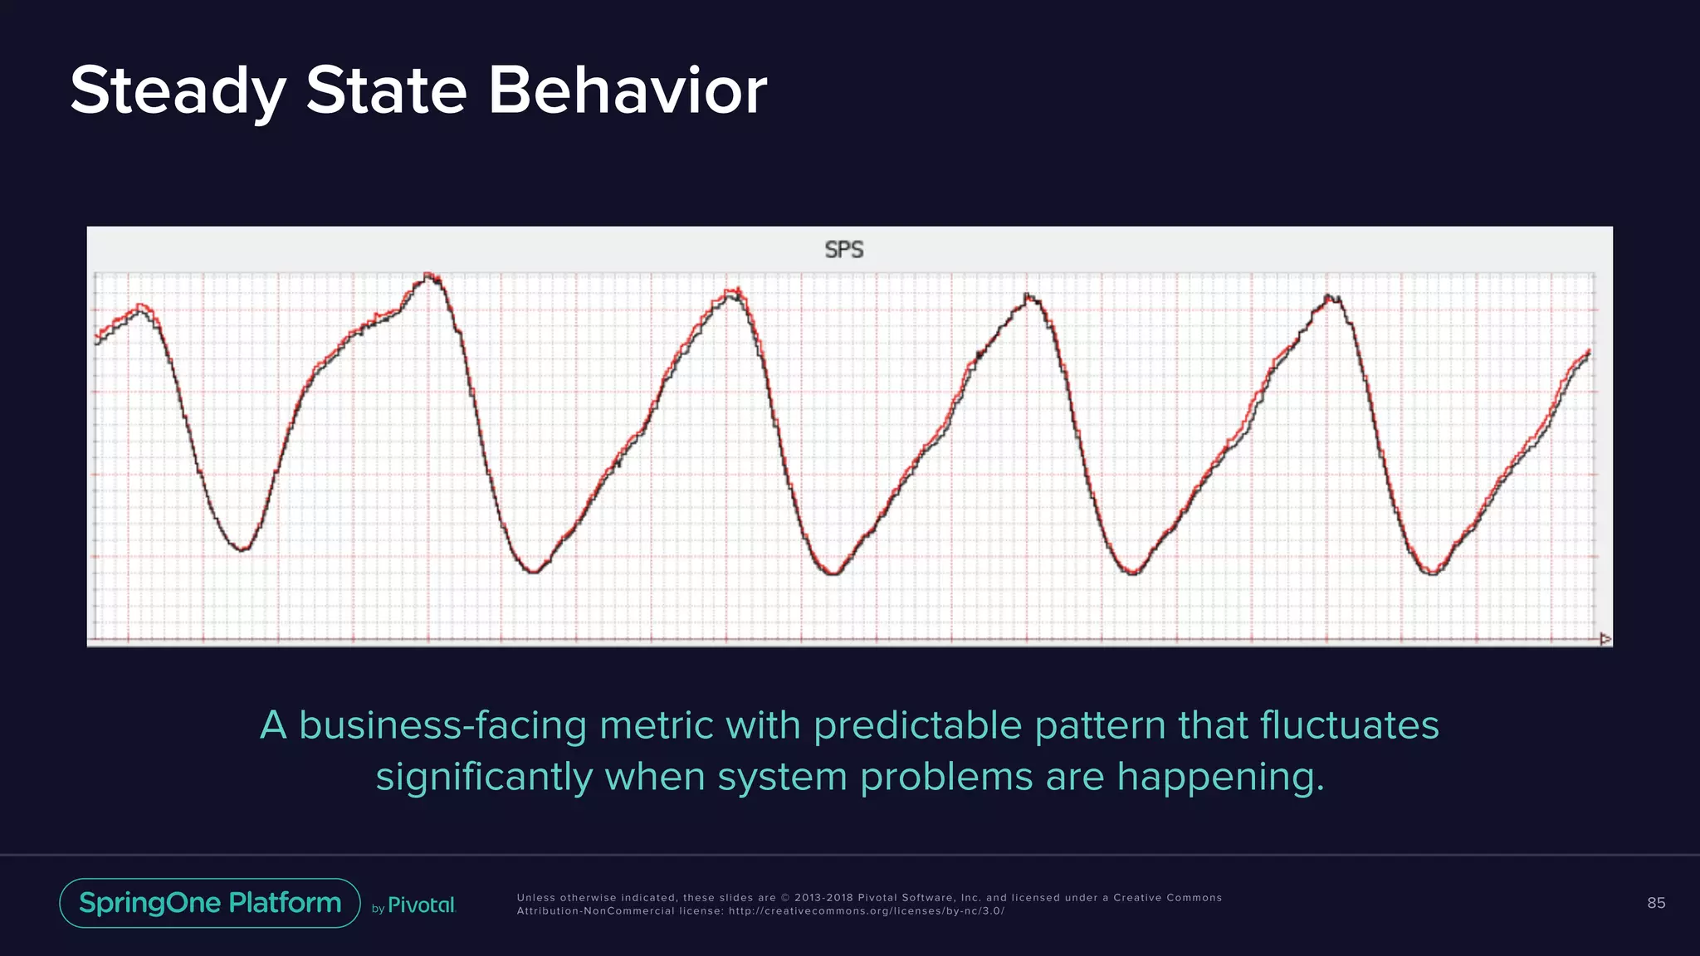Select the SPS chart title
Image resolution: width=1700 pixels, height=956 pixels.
point(843,250)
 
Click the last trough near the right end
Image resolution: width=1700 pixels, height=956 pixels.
point(1432,573)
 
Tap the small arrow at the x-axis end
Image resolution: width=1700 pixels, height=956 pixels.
point(1605,639)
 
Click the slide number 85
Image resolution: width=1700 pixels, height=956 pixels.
point(1655,903)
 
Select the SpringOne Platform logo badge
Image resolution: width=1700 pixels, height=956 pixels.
point(210,903)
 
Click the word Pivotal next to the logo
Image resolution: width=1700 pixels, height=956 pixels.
point(422,905)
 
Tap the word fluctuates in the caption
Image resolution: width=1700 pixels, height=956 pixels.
point(1349,726)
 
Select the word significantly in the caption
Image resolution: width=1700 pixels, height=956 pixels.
point(483,778)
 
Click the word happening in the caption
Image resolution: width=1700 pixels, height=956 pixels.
point(1219,778)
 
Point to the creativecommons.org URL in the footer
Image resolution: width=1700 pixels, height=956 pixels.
point(866,911)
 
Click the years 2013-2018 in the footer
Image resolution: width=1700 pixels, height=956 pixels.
point(822,898)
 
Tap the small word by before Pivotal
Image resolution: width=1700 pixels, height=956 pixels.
point(378,909)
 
